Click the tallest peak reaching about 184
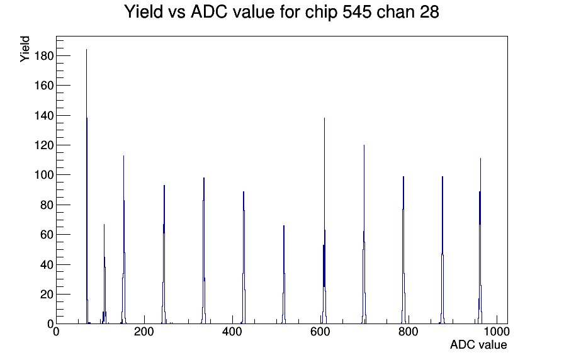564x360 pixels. pyautogui.click(x=87, y=187)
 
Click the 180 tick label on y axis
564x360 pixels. pyautogui.click(x=43, y=56)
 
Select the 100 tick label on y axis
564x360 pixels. pyautogui.click(x=43, y=175)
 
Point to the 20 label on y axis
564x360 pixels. pyautogui.click(x=47, y=295)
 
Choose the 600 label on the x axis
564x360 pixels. pyautogui.click(x=320, y=332)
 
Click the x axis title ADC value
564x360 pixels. pyautogui.click(x=478, y=344)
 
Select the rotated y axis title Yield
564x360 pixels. pyautogui.click(x=25, y=49)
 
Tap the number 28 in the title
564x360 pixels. pyautogui.click(x=429, y=12)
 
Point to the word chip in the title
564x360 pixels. pyautogui.click(x=321, y=13)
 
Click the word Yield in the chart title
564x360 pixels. pyautogui.click(x=144, y=12)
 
